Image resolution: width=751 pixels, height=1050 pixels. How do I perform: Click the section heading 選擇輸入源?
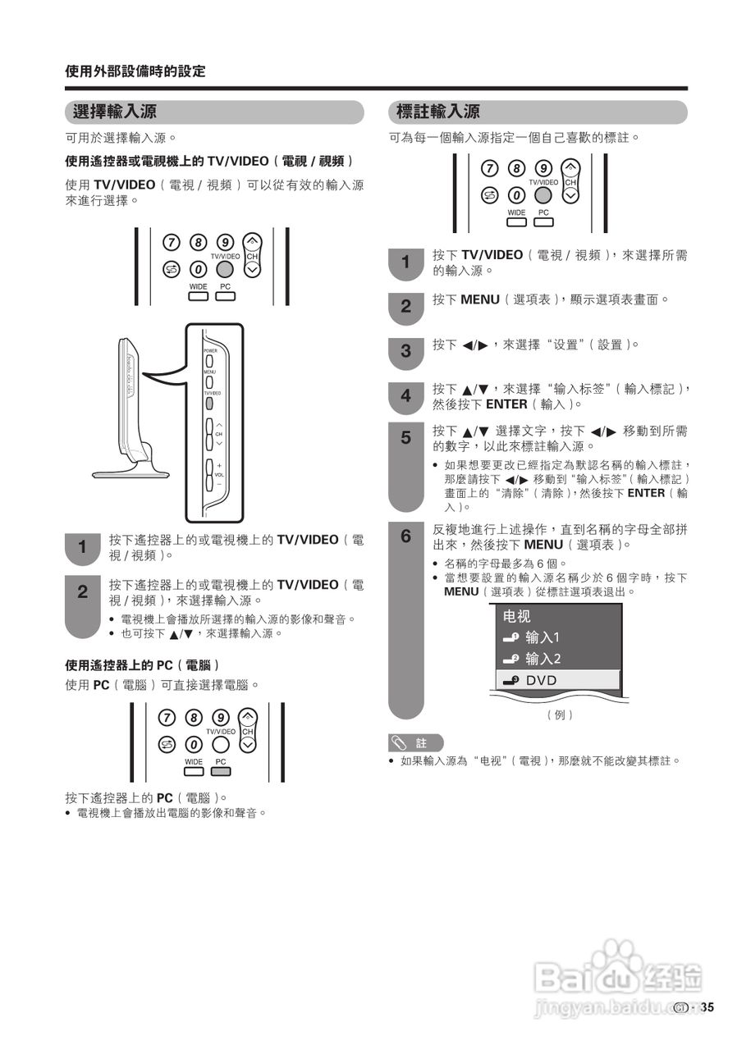115,112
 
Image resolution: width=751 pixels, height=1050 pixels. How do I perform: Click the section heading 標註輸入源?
437,112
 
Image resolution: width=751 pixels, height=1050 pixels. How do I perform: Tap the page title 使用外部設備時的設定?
135,71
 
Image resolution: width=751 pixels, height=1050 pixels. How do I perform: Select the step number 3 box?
405,351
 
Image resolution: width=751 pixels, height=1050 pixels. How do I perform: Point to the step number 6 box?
405,536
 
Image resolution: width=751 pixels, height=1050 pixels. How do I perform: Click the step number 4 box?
405,396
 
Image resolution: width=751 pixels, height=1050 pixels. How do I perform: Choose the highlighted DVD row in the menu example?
557,680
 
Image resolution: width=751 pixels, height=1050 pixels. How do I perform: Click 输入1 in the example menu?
542,637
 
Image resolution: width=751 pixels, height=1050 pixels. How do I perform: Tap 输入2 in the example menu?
542,659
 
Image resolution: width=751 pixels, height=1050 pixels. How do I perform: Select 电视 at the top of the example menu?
517,616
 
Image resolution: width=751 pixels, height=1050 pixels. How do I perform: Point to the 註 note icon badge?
415,743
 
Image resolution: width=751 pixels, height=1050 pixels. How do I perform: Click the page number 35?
707,1008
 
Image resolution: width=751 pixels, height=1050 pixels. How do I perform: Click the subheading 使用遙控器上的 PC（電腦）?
142,664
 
